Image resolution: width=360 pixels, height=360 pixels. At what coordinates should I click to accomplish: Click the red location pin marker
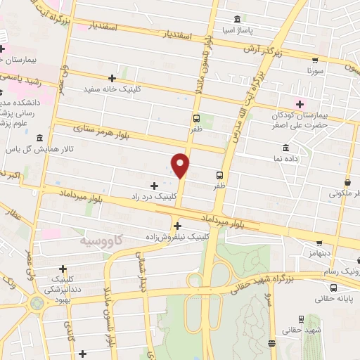(x=181, y=165)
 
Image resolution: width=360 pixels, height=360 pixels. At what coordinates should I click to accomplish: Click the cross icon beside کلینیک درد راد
(x=154, y=185)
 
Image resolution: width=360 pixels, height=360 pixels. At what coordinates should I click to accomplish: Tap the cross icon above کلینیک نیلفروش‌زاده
(x=177, y=226)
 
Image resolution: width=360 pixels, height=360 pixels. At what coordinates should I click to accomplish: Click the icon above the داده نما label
(x=285, y=148)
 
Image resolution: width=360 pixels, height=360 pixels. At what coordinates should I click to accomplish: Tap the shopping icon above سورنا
(x=315, y=60)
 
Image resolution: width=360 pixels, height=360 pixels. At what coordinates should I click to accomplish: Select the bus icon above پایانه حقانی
(x=333, y=287)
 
